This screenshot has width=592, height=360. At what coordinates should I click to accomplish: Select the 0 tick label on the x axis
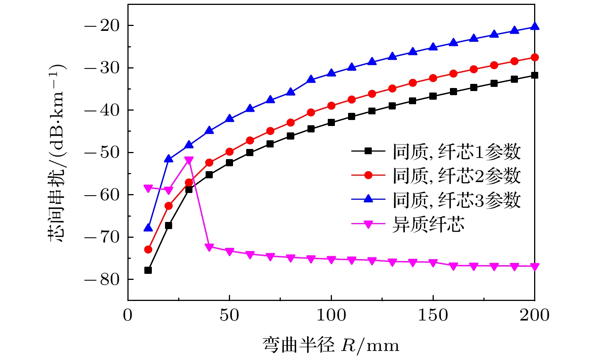coord(128,315)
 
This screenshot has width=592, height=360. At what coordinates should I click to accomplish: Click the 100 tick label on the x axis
coord(331,315)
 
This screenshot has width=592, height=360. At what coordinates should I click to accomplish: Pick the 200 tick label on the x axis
coord(534,315)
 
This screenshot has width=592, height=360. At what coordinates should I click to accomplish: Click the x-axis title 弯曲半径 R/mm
coord(331,345)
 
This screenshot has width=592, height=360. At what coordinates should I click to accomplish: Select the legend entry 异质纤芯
coord(428,224)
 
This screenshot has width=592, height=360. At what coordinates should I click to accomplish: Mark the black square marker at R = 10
coord(148,270)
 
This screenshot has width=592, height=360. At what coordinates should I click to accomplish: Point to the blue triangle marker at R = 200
coord(534,26)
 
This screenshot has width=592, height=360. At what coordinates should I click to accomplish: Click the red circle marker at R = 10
coord(148,249)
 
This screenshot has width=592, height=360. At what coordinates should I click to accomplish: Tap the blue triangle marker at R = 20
coord(168,159)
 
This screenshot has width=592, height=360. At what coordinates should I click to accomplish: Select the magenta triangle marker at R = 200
coord(534,267)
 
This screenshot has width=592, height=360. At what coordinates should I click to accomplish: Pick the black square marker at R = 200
coord(534,75)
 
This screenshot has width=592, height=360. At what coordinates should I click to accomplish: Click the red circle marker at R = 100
coord(331,106)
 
